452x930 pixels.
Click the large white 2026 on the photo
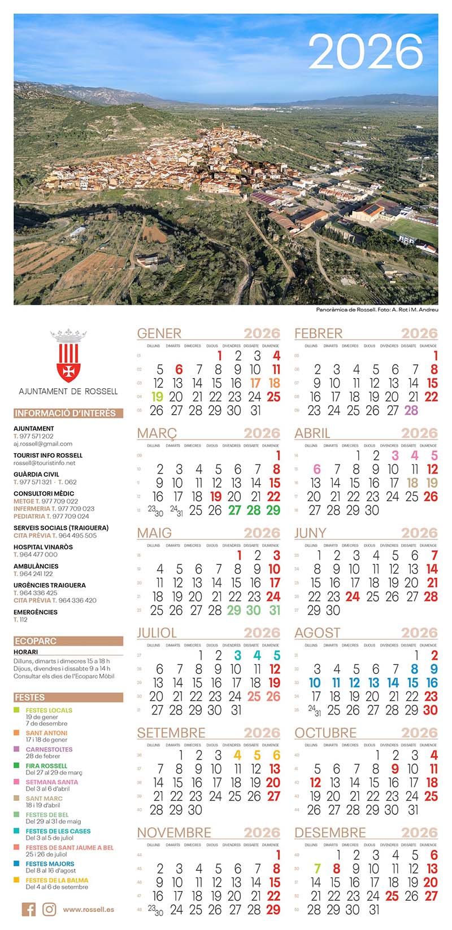pos(366,52)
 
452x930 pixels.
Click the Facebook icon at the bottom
pos(29,909)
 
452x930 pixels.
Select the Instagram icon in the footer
pos(50,909)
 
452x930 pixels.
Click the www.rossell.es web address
pos(89,910)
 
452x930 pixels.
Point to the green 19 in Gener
pos(157,397)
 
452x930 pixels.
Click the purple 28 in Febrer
pos(411,410)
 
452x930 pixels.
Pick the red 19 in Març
pos(215,497)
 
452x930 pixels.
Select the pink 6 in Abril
pos(317,470)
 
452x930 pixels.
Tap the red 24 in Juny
pos(353,596)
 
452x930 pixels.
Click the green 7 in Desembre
pos(317,869)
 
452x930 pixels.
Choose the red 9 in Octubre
pos(394,769)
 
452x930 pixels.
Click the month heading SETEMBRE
pos(171,732)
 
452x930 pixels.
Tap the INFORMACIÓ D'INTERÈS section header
pos(65,413)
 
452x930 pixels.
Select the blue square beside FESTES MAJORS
pos(17,864)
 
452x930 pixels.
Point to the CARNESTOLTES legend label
pos(49,749)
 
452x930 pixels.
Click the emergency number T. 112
pos(20,620)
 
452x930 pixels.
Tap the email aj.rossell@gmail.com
pos(43,444)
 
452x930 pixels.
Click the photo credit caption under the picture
pos(377,309)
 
